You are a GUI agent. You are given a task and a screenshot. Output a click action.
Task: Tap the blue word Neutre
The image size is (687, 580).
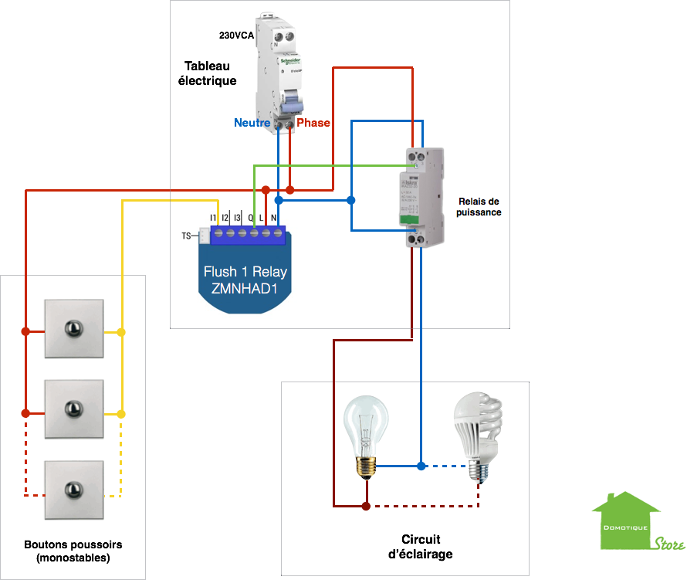pyautogui.click(x=252, y=123)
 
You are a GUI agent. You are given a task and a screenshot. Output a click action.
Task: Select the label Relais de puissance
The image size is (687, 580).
pyautogui.click(x=479, y=206)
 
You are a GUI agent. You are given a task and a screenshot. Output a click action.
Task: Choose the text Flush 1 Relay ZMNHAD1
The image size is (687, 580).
pyautogui.click(x=245, y=280)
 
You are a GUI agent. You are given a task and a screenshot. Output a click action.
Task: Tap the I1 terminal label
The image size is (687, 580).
pyautogui.click(x=213, y=219)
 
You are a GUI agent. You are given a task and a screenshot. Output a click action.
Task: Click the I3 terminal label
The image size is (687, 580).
pyautogui.click(x=237, y=219)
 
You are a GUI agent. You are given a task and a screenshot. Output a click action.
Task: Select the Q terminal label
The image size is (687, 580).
pyautogui.click(x=251, y=219)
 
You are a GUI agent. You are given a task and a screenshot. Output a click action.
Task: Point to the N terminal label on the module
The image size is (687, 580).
pyautogui.click(x=273, y=219)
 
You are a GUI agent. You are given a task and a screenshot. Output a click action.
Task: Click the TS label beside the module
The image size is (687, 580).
pyautogui.click(x=186, y=236)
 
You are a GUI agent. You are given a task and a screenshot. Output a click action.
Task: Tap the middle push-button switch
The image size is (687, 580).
pyautogui.click(x=73, y=409)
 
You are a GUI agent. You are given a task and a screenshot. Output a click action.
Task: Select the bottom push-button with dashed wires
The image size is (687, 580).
pyautogui.click(x=73, y=490)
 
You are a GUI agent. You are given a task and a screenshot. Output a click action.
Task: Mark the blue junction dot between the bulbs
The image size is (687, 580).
pyautogui.click(x=421, y=466)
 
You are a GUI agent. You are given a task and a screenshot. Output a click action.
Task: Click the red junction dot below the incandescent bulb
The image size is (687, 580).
pyautogui.click(x=365, y=507)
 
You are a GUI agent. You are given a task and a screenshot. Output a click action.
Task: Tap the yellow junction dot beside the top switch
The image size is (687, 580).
pyautogui.click(x=120, y=332)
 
